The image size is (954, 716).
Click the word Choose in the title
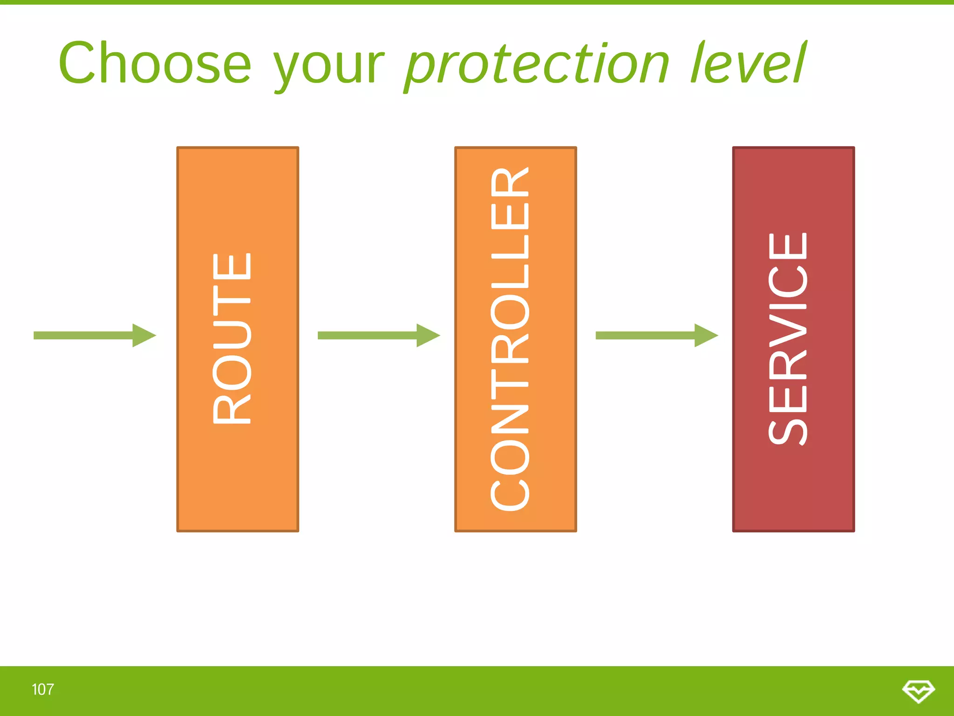[155, 63]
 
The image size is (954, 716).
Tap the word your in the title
[328, 65]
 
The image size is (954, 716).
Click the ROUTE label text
[232, 338]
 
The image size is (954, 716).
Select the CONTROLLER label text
[510, 339]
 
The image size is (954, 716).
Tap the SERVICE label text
[788, 339]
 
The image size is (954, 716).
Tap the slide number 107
[42, 689]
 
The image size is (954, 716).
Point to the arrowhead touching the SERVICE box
[706, 335]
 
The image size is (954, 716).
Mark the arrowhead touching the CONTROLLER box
[428, 335]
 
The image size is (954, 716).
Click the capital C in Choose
[77, 63]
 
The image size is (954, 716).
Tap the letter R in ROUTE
[232, 410]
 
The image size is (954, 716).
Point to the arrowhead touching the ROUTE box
[143, 335]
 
